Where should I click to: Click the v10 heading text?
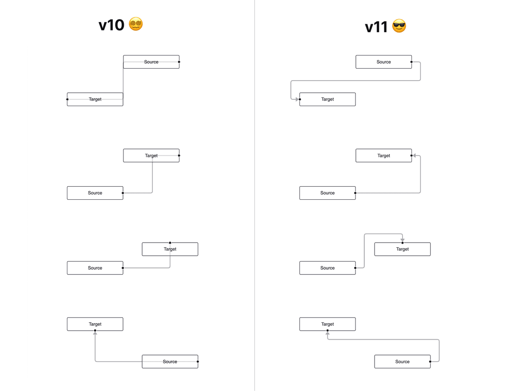point(111,25)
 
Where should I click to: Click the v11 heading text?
point(376,27)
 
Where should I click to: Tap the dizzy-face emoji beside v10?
point(136,24)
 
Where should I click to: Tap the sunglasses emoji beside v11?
point(399,26)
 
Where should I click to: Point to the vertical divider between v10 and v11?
point(255,195)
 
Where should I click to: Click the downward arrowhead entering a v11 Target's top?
point(403,240)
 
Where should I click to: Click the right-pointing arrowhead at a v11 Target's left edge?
point(296,99)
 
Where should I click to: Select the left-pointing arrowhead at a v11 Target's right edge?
point(414,156)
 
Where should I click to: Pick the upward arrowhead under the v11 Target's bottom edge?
point(327,334)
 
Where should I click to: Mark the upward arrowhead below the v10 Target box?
point(95,334)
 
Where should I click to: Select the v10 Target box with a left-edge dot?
point(95,99)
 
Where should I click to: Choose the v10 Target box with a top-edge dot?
point(170,249)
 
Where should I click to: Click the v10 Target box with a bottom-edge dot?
point(95,324)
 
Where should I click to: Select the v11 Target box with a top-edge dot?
point(402,249)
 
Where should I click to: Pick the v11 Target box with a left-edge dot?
point(327,99)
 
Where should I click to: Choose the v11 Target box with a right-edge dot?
point(383,156)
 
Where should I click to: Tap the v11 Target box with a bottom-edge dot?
point(327,324)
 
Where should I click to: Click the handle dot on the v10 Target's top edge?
point(170,243)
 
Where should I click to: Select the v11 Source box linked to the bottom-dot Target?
point(402,362)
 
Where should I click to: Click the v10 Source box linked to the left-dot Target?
point(151,62)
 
